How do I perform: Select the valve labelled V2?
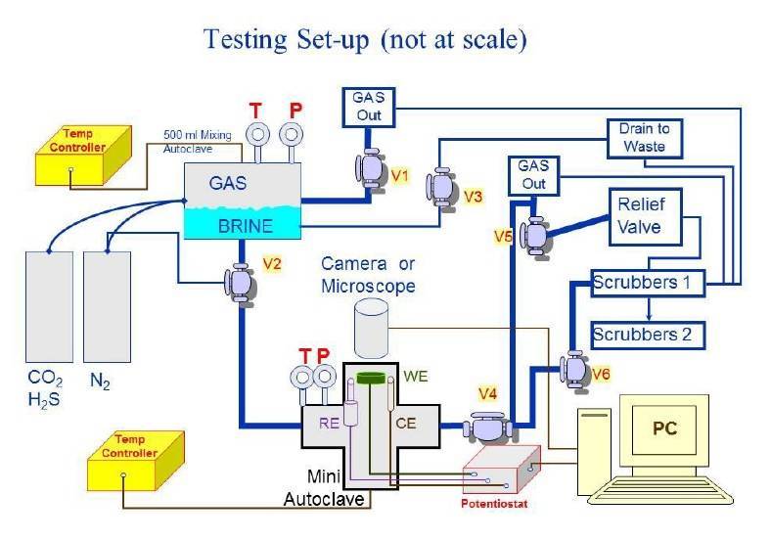pyautogui.click(x=241, y=281)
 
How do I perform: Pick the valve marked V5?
pyautogui.click(x=536, y=235)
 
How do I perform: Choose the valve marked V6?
pyautogui.click(x=570, y=367)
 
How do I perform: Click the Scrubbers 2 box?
pyautogui.click(x=642, y=334)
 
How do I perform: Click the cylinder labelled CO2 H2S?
pyautogui.click(x=47, y=306)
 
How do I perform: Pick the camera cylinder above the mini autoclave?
pyautogui.click(x=373, y=329)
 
